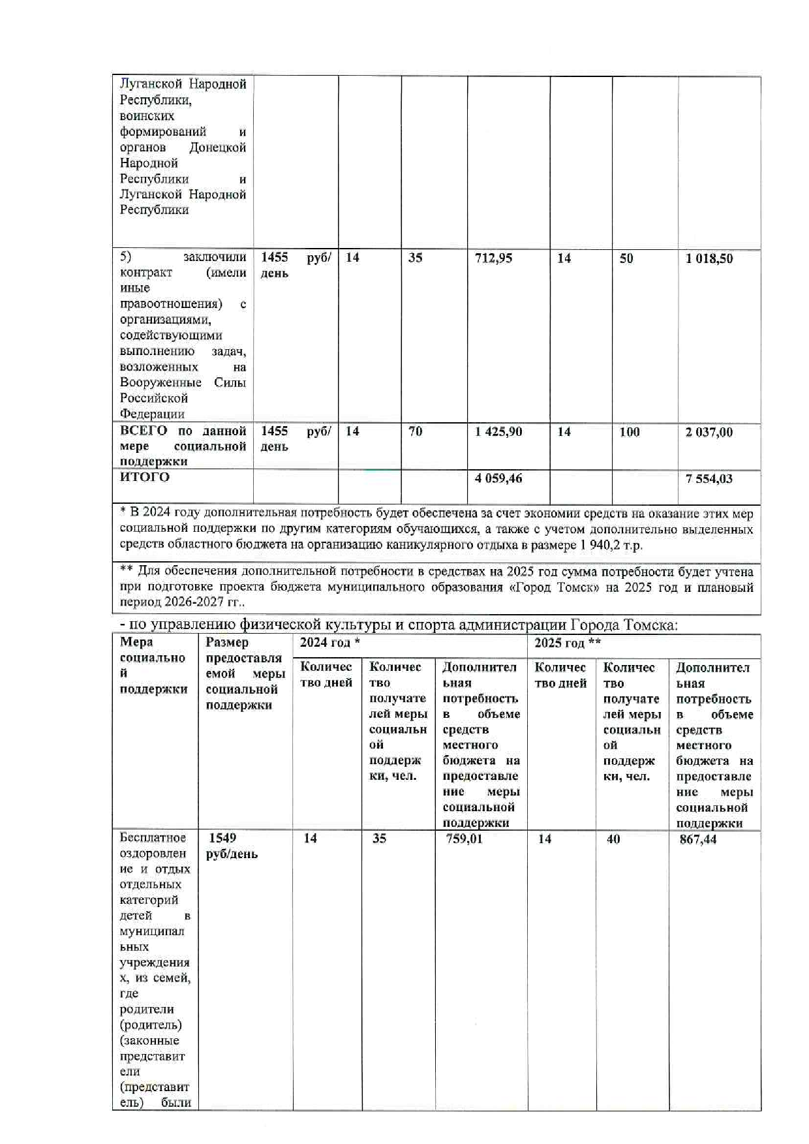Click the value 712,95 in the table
tap(493, 258)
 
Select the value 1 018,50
tap(709, 259)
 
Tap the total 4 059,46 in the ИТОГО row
tap(498, 478)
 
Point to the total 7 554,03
tap(709, 479)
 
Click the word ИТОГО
tap(144, 477)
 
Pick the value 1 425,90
tap(498, 432)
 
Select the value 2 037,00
tap(709, 432)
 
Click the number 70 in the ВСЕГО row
tap(415, 431)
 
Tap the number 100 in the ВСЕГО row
tap(629, 432)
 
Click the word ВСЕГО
tap(144, 431)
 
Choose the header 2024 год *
tap(329, 643)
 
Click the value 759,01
tap(464, 839)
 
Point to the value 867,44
tap(697, 839)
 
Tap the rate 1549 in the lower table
tap(222, 838)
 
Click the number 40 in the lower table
tap(613, 839)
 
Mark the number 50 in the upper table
tap(626, 259)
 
